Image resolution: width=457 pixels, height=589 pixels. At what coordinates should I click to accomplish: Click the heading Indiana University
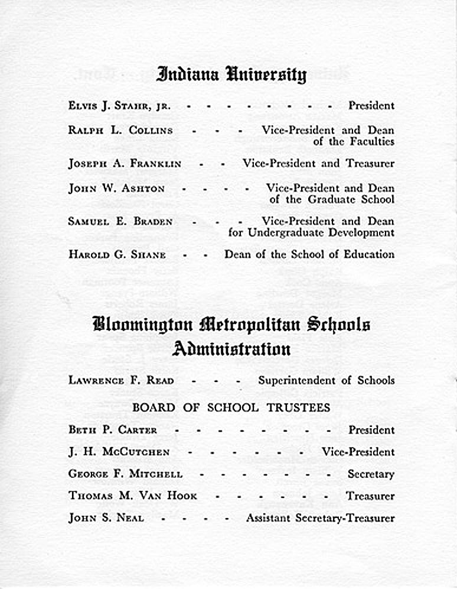tap(231, 75)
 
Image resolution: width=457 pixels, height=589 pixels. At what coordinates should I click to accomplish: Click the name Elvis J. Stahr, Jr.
tap(119, 106)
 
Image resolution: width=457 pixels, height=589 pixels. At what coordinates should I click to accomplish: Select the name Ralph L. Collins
tap(120, 130)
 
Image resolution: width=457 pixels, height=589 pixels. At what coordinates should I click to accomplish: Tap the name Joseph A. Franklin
tap(125, 163)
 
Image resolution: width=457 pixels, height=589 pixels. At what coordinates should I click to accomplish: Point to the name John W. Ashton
tap(116, 189)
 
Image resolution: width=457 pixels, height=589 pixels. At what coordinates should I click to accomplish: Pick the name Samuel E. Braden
tap(120, 222)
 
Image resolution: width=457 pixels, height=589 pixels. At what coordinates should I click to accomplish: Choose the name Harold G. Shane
tap(117, 255)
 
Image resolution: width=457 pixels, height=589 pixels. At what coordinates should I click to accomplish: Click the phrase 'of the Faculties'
tap(353, 141)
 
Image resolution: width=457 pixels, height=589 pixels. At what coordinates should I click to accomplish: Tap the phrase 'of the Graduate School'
tap(332, 199)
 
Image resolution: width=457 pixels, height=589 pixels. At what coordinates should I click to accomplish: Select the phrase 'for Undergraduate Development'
tap(311, 232)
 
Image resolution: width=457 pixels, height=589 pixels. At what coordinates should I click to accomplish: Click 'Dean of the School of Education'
tap(309, 254)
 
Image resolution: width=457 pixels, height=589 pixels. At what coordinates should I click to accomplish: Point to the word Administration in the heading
tap(231, 349)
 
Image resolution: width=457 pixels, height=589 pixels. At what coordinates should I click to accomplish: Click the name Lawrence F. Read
tap(121, 380)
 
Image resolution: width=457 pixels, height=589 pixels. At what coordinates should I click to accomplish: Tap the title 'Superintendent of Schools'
tap(326, 380)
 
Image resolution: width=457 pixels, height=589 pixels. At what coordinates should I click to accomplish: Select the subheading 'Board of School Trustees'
tap(231, 407)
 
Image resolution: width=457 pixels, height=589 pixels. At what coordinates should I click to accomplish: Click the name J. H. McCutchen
tap(119, 452)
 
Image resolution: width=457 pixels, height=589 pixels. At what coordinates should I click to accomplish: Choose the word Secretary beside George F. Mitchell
tap(370, 474)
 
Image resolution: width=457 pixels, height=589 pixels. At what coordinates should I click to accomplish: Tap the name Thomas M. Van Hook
tap(132, 496)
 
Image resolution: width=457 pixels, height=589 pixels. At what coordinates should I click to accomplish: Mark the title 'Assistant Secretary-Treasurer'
tap(320, 518)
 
